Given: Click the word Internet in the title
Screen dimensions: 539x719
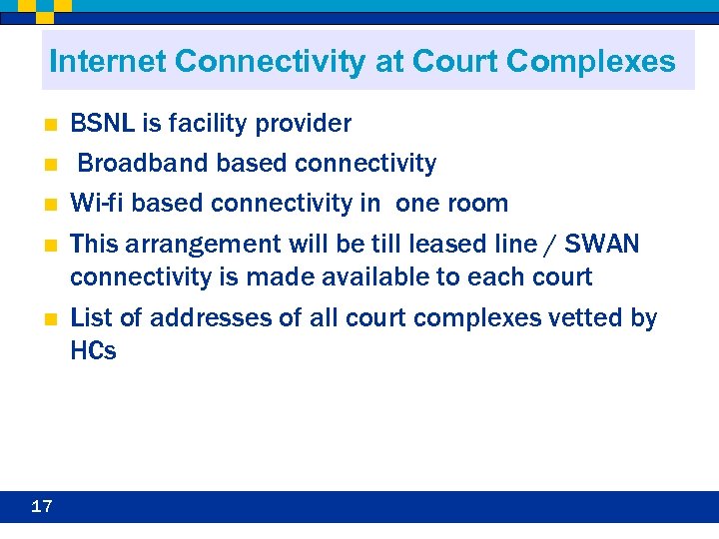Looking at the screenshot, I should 107,62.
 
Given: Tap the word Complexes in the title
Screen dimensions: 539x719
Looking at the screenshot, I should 591,62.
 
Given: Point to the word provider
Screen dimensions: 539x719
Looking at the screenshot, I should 303,124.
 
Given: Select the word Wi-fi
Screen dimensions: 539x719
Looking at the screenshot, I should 98,204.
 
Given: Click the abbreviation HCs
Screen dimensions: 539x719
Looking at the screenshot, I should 93,350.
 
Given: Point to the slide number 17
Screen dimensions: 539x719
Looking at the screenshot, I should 41,506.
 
